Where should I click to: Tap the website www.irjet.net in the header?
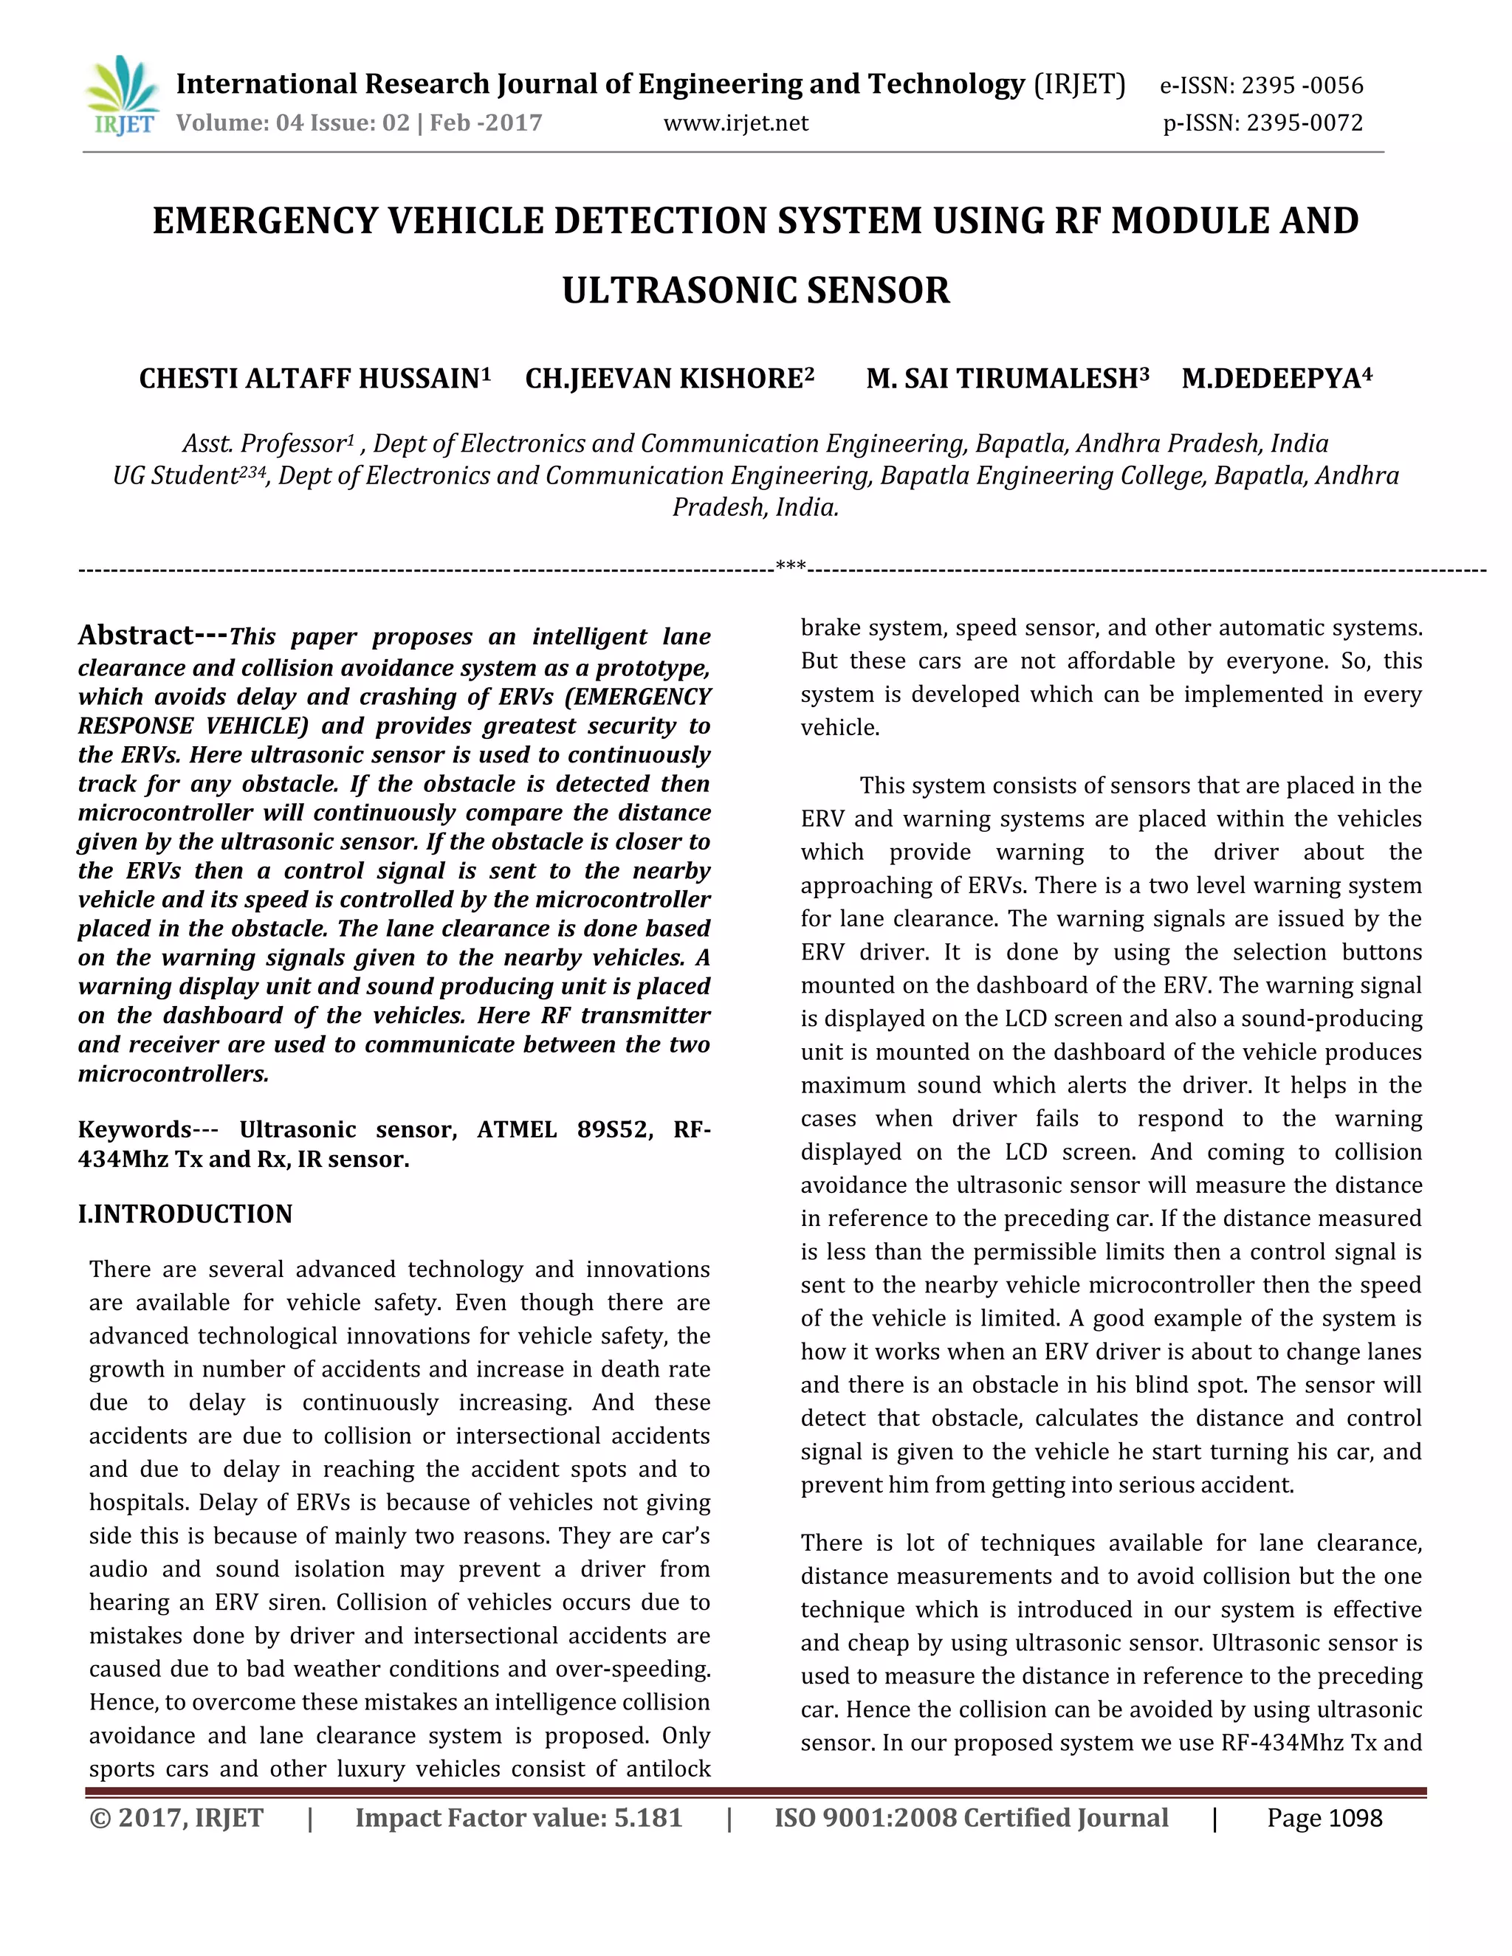pyautogui.click(x=735, y=123)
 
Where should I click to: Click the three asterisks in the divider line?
pyautogui.click(x=790, y=566)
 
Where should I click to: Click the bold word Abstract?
pyautogui.click(x=136, y=635)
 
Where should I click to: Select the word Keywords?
pyautogui.click(x=134, y=1129)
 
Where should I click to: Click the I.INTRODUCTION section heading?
pyautogui.click(x=185, y=1213)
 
